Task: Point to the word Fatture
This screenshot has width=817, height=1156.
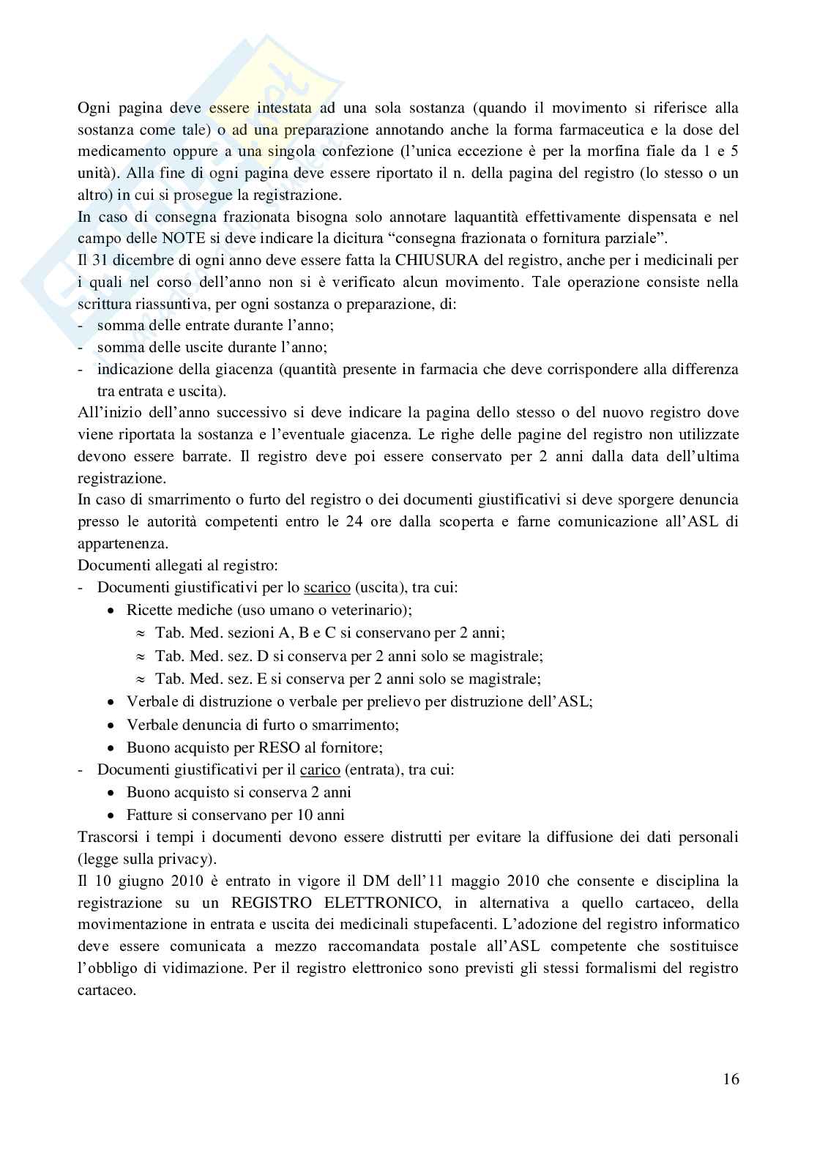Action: pos(151,815)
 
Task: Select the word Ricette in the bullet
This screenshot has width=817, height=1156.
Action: pos(149,610)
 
